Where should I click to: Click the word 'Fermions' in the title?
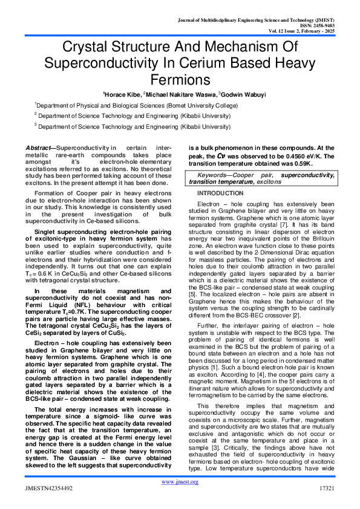[180, 79]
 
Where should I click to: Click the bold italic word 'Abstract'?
[39, 148]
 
